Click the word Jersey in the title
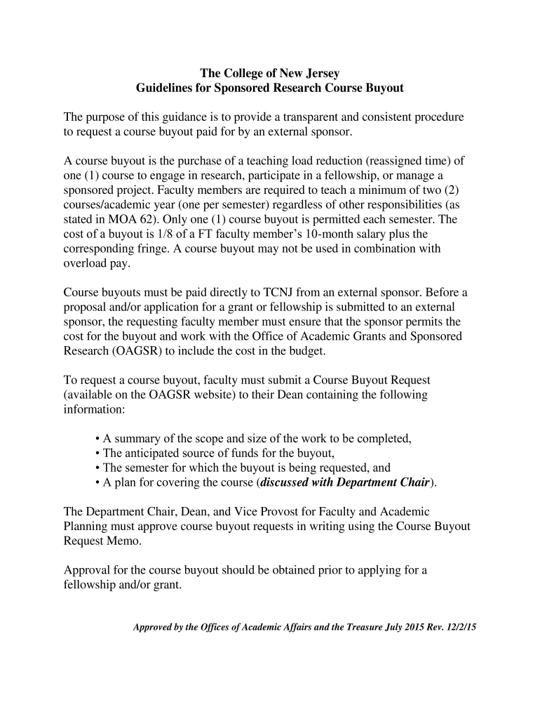click(x=320, y=73)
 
